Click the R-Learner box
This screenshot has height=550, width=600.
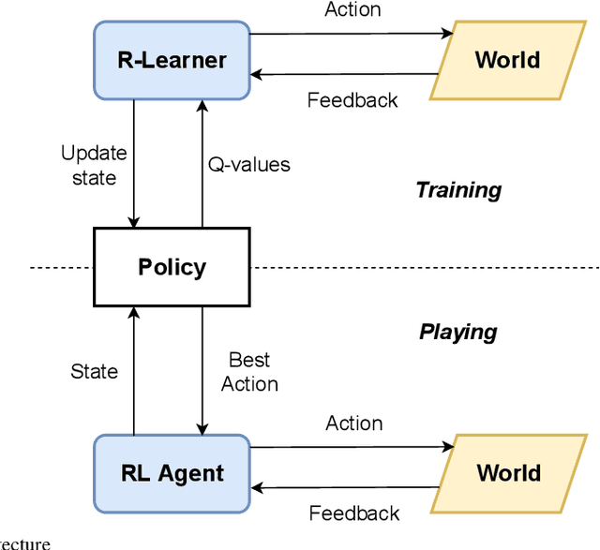tap(172, 61)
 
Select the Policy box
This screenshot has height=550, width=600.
tap(172, 267)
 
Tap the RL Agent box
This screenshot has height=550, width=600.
tap(172, 473)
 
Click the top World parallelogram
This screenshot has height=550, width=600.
tap(507, 61)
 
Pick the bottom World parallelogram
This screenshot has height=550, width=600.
tap(507, 473)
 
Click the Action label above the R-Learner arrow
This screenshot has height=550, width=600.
tap(352, 10)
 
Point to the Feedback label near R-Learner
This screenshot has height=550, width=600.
tap(352, 99)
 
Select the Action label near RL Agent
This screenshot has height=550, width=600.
tap(353, 423)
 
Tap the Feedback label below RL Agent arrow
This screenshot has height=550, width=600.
tap(353, 513)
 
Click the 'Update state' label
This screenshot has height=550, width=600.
tap(94, 164)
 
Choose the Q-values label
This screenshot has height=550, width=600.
tap(248, 165)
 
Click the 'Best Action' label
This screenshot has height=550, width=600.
tap(249, 372)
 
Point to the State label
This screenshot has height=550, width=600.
tap(95, 372)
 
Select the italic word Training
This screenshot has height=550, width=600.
tap(458, 190)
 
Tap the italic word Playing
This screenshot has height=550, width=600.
tap(457, 332)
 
